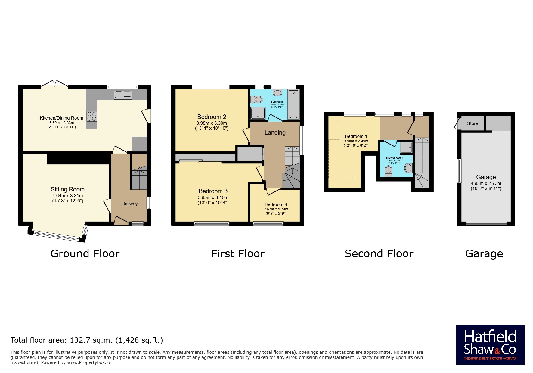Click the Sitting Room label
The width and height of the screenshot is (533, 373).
click(67, 189)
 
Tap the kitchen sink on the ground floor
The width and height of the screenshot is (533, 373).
click(123, 95)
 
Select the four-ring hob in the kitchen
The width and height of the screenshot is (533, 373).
click(92, 116)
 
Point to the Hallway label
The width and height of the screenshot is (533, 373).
click(129, 204)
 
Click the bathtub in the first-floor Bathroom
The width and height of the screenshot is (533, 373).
click(293, 104)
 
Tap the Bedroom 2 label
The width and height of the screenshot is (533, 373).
click(212, 117)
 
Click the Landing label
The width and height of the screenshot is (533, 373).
click(275, 132)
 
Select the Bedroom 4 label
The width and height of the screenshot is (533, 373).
click(276, 204)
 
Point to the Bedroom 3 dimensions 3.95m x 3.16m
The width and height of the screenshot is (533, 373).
click(213, 197)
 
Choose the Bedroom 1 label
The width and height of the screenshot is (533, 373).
click(356, 136)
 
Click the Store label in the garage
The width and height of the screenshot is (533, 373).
click(473, 123)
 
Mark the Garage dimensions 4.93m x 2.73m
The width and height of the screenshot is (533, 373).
click(486, 183)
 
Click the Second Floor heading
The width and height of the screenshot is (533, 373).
click(379, 254)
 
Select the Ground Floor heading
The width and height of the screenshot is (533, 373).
click(85, 254)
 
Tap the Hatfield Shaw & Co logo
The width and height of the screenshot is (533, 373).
click(490, 345)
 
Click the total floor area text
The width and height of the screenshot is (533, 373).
click(87, 340)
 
